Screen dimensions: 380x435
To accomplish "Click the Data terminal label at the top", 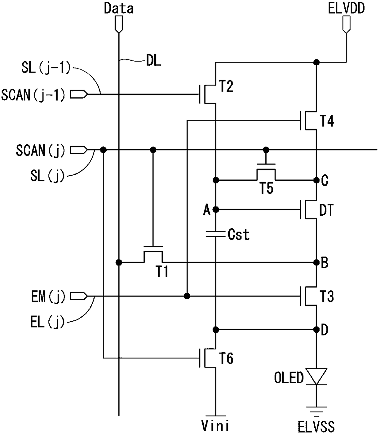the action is click(119, 9).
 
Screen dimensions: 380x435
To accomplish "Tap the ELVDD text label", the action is click(346, 9).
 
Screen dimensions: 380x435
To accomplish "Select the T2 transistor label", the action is click(226, 86).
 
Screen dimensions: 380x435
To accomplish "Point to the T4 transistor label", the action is click(327, 121).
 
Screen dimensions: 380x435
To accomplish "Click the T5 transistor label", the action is click(267, 188).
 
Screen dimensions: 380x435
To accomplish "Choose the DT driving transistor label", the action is click(326, 210).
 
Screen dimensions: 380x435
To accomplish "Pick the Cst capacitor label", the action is click(239, 235).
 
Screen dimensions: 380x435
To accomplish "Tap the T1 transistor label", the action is click(162, 272).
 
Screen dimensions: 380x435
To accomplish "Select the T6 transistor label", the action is click(226, 358).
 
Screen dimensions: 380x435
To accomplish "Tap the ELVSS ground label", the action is click(316, 427).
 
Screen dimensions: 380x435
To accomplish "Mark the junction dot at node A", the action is click(216, 210).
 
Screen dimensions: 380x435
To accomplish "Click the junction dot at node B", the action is click(317, 263).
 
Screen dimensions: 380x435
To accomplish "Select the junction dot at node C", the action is click(317, 180).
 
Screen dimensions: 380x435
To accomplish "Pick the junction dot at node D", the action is click(317, 330).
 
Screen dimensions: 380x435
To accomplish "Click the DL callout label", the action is click(153, 61).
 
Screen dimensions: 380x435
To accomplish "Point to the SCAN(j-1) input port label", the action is click(33, 95).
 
